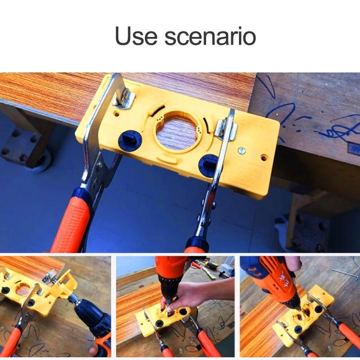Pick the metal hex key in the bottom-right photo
coord(344,273)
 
